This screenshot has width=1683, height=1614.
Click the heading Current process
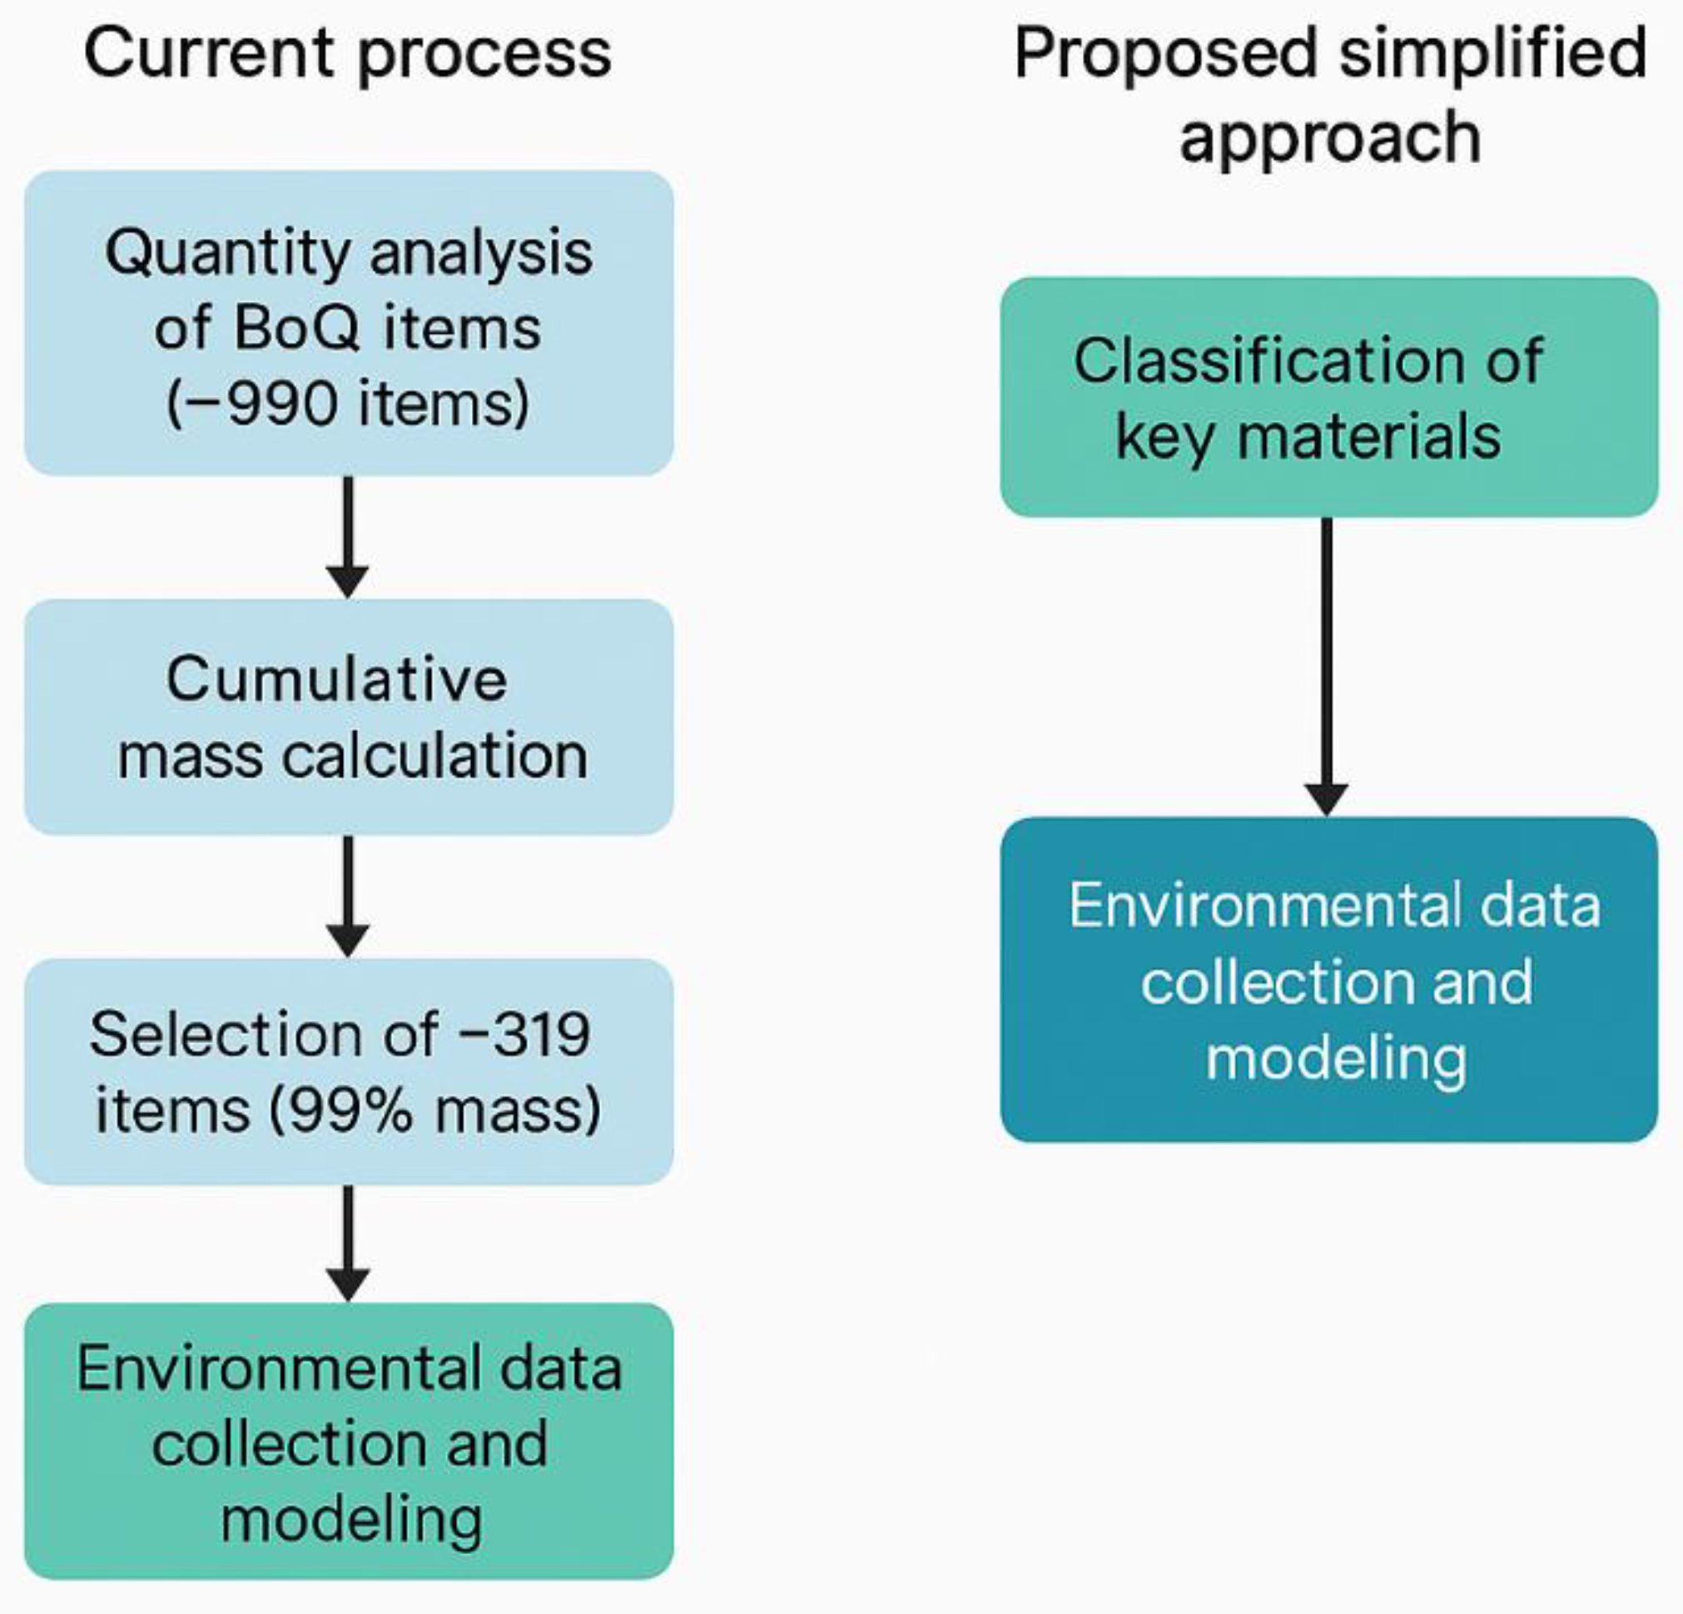(348, 53)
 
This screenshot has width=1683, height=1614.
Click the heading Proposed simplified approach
(1329, 94)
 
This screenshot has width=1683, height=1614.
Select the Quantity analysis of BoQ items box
(349, 324)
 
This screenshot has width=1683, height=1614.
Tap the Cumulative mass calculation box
(349, 717)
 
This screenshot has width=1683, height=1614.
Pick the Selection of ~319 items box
(349, 1071)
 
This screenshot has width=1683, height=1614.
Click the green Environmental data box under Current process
(349, 1443)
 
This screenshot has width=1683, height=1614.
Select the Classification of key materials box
(1328, 396)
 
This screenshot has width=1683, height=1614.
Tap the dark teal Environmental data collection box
(1328, 980)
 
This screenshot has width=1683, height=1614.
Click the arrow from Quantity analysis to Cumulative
(348, 537)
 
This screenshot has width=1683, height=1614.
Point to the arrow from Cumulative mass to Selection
(348, 896)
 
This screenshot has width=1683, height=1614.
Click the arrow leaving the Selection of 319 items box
(348, 1242)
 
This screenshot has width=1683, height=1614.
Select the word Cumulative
(336, 679)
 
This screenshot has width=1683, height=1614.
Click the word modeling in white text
(1335, 1058)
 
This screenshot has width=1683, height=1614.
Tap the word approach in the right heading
(1329, 137)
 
